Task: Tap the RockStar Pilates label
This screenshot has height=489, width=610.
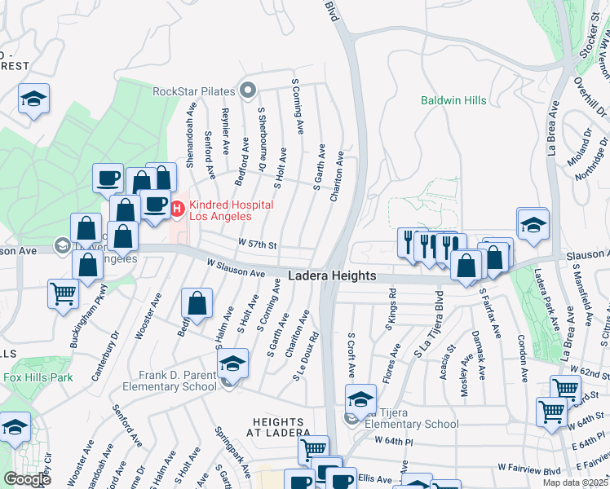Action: (192, 90)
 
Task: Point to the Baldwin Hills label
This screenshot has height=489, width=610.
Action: (453, 100)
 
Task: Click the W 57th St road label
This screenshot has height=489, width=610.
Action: (258, 244)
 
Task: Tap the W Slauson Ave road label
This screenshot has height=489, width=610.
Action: (236, 267)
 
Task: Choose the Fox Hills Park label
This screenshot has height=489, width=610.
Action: (38, 377)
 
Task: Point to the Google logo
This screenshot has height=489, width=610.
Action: (27, 478)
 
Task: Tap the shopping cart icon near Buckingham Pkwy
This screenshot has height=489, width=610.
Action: (64, 293)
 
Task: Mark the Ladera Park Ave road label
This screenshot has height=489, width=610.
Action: (544, 301)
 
